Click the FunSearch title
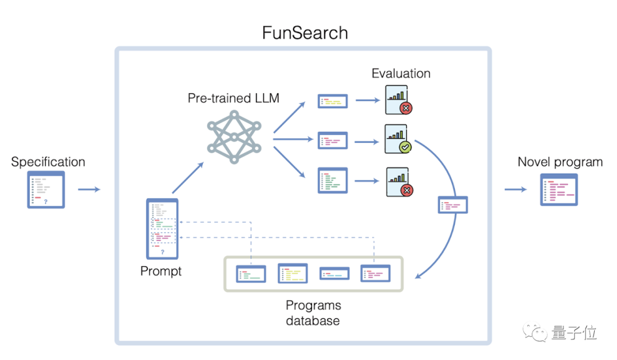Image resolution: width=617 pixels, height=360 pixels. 305,33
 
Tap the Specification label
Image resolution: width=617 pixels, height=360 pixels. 48,162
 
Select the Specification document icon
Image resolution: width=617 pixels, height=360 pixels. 46,189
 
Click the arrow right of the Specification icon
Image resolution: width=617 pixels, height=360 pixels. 89,189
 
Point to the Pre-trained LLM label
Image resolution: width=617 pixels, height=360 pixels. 234,98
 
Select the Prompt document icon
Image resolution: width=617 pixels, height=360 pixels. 162,229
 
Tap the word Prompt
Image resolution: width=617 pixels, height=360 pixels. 161,271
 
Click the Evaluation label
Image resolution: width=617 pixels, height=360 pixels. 401,73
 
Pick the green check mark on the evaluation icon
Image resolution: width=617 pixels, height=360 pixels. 404,147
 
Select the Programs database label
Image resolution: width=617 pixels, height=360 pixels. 312,313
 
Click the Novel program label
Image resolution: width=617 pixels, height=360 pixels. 560,162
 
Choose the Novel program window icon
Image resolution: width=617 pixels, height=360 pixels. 559,189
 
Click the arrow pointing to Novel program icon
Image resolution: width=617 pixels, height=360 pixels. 516,189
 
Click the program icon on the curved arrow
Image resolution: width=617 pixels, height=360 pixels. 453,205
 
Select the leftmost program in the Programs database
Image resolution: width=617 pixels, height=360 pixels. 251,274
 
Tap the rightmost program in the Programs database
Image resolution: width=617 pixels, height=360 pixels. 375,273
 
